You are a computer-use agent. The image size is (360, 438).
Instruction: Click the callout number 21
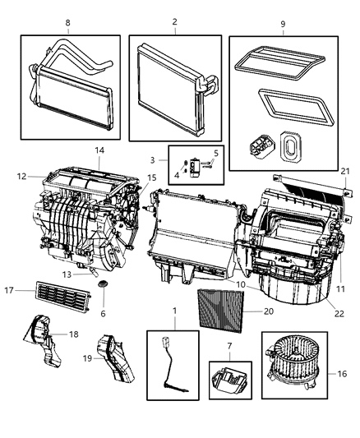pos(346,170)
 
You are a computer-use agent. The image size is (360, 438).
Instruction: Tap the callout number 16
pos(343,372)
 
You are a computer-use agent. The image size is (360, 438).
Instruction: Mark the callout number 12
pos(21,175)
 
